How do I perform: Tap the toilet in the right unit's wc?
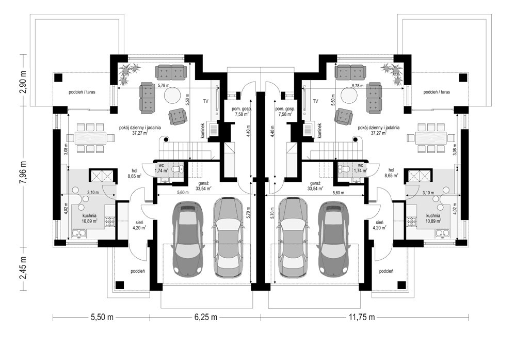pyautogui.click(x=344, y=169)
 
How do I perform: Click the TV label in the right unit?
pyautogui.click(x=315, y=101)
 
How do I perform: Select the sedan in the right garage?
pyautogui.click(x=293, y=237)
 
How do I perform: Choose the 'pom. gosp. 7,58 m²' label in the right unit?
pyautogui.click(x=284, y=112)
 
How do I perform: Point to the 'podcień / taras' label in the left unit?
pyautogui.click(x=82, y=92)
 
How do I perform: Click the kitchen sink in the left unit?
pyautogui.click(x=79, y=234)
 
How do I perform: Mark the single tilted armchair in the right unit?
pyautogui.click(x=344, y=117)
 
